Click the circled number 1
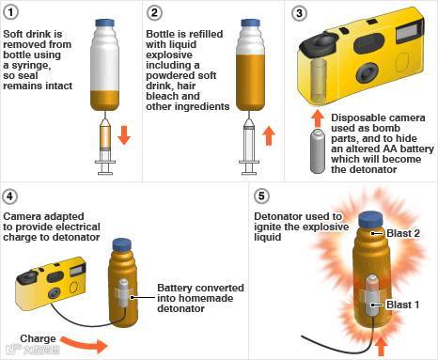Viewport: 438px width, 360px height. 11,12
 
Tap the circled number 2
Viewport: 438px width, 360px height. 154,13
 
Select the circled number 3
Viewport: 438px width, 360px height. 299,13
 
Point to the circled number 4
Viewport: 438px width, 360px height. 9,196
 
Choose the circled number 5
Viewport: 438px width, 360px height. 261,196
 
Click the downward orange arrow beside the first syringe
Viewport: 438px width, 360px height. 124,135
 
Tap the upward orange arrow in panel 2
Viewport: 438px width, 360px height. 269,135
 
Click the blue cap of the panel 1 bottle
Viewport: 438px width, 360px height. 104,23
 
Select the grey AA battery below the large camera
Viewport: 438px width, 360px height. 319,151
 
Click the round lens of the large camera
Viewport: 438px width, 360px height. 368,73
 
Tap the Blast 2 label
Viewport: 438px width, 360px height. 403,233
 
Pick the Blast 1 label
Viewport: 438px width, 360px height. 403,305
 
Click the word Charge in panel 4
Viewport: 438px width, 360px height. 38,339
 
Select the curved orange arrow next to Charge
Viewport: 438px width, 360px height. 84,344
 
